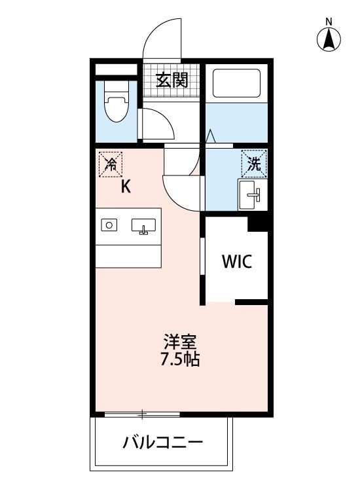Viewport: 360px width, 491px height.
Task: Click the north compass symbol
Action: coord(329,41)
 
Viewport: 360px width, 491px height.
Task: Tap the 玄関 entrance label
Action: coord(171,81)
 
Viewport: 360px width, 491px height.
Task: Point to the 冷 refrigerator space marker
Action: coord(110,164)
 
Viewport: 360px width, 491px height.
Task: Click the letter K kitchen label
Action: coord(126,187)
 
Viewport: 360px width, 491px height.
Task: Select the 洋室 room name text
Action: coord(181,342)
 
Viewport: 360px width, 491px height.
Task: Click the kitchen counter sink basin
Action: coord(144,227)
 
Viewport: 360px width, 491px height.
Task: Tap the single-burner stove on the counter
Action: coord(109,225)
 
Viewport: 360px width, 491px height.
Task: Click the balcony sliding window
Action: coord(141,414)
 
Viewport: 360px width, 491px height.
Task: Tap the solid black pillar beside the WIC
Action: coord(259,223)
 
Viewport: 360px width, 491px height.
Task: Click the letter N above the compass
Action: coord(329,20)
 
